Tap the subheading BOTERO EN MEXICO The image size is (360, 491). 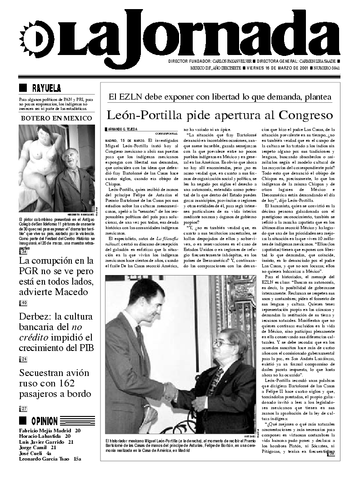[56, 119]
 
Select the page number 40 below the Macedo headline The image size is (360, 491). [23, 303]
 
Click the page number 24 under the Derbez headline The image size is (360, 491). [23, 359]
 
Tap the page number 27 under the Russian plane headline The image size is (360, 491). [23, 409]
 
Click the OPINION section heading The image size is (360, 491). [45, 421]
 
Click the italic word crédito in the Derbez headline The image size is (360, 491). [36, 338]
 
